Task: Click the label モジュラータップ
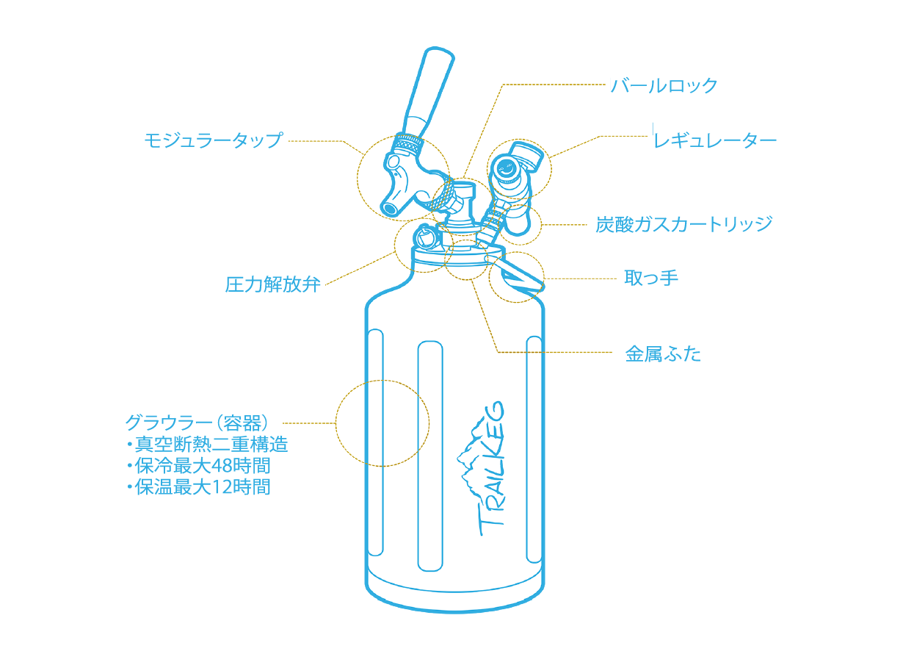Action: (x=213, y=140)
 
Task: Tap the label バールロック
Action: (x=664, y=86)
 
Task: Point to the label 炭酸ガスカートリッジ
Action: (x=683, y=224)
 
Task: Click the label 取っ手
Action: (x=650, y=278)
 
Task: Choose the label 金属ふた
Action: (x=663, y=354)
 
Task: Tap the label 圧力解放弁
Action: (x=272, y=284)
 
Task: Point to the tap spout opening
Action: (x=390, y=207)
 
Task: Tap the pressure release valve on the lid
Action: (x=425, y=238)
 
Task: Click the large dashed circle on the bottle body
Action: (x=382, y=423)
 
